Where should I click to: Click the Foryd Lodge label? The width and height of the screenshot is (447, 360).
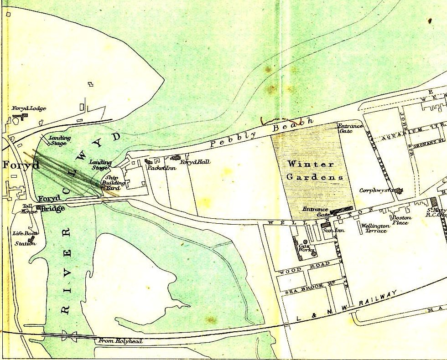click(x=29, y=108)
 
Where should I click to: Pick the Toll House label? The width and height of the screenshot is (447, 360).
click(x=29, y=209)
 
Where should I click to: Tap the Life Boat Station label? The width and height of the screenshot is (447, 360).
click(x=25, y=238)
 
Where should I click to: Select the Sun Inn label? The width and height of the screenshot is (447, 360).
click(x=333, y=230)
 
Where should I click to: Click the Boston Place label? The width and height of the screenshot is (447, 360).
click(x=401, y=220)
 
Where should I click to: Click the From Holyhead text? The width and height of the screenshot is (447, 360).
click(x=120, y=341)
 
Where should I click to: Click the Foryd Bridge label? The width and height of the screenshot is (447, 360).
click(x=51, y=204)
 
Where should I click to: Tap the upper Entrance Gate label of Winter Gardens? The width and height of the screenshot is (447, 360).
click(x=350, y=128)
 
